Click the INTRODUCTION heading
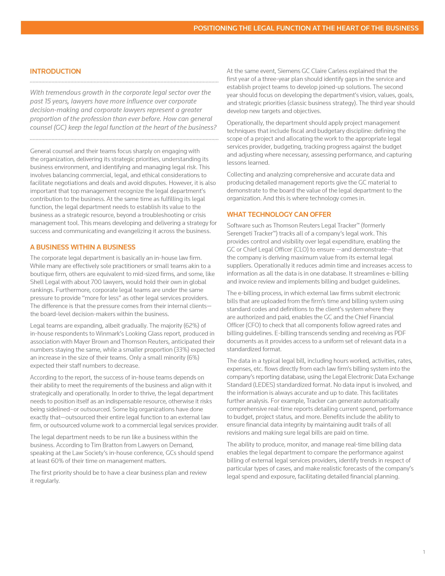(55, 71)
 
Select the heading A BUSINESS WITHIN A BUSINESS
(83, 247)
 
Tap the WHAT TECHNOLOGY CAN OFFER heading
(279, 214)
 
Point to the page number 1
(424, 552)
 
